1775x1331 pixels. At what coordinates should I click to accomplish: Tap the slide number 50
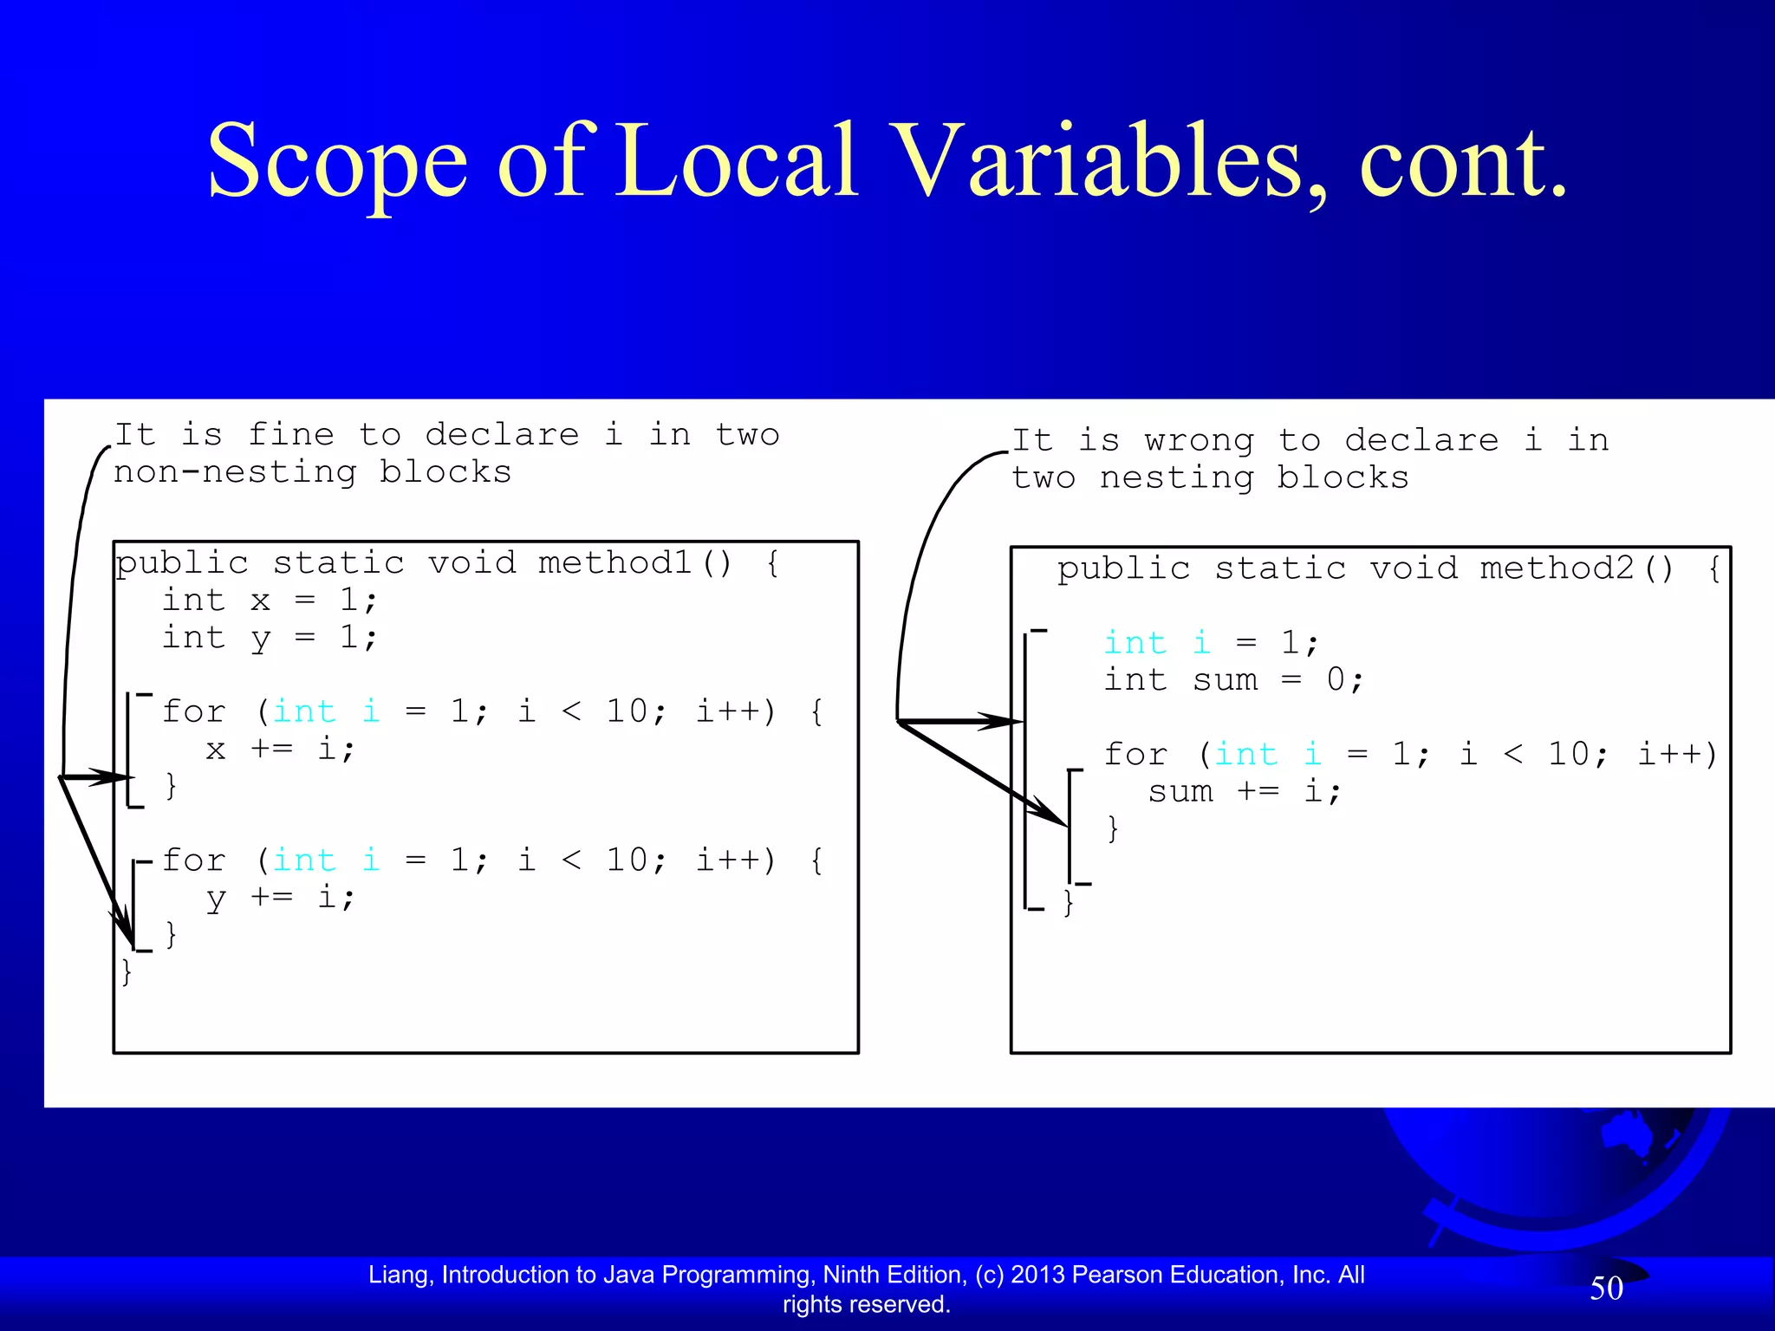(1606, 1289)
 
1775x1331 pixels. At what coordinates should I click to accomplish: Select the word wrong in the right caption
(1199, 440)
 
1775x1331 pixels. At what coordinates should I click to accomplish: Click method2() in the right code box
(1577, 568)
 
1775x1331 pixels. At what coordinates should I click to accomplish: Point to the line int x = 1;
(270, 600)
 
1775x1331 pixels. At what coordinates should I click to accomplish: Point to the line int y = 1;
(270, 638)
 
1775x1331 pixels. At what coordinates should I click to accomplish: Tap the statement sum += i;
(1245, 791)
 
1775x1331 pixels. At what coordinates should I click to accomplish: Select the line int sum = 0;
(1233, 680)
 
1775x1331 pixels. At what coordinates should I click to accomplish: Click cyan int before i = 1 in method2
(1135, 643)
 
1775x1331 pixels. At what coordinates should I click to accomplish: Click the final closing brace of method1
(127, 971)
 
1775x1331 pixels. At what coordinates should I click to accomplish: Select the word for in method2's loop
(1135, 754)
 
